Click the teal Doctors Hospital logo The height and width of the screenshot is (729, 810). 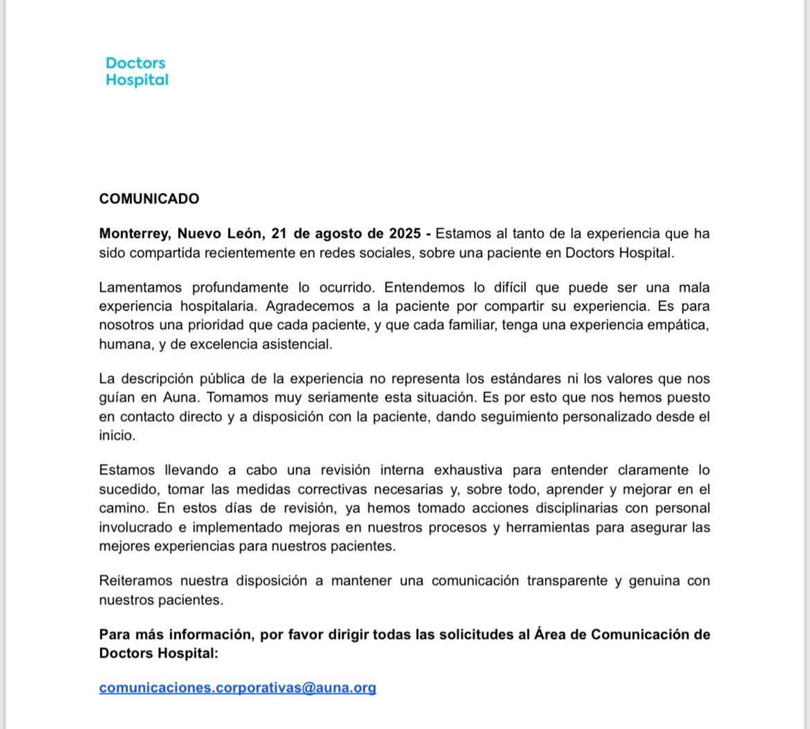[136, 71]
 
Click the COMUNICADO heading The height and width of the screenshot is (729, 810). [149, 199]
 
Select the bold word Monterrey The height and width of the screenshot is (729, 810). [135, 234]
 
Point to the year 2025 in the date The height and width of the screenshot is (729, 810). [404, 234]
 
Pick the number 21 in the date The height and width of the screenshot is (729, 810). [280, 234]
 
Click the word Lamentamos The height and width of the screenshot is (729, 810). [140, 287]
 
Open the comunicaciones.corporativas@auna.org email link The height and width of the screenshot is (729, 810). [237, 688]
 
